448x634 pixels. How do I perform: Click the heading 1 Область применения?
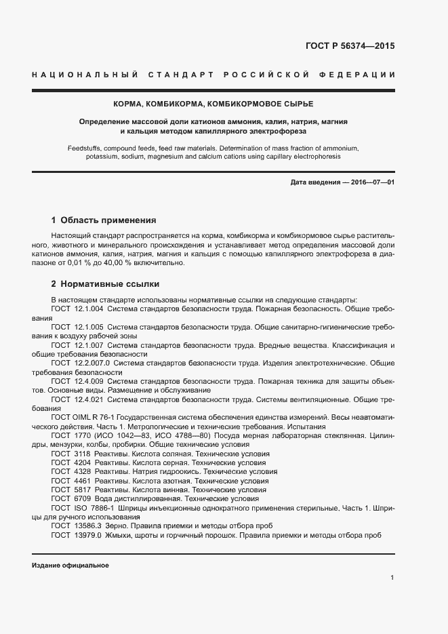104,220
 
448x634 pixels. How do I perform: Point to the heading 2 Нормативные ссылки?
105,284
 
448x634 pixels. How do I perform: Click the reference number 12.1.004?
88,309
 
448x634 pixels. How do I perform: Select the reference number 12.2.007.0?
93,363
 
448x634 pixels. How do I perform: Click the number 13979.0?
85,535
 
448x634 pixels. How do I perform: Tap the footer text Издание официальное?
70,566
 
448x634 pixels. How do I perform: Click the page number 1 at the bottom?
392,578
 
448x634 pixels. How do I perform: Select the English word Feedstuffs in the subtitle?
85,147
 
